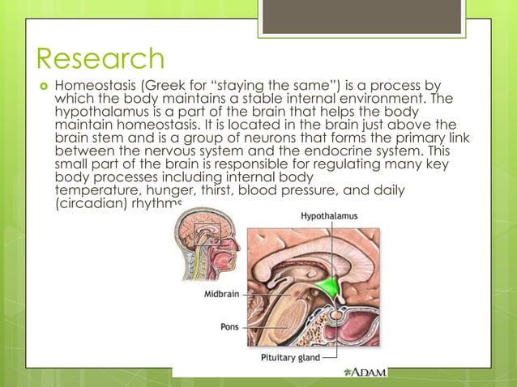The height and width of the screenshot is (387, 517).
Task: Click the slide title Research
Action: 100,59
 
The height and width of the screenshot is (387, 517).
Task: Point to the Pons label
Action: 229,327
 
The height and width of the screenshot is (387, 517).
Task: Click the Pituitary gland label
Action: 289,356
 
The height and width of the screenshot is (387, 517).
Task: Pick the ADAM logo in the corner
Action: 365,372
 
